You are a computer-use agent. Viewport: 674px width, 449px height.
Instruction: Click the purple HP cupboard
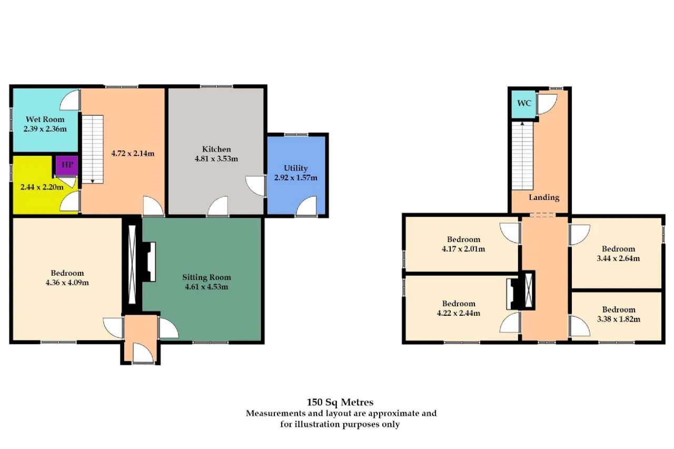point(67,165)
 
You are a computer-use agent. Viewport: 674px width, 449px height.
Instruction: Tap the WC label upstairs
point(524,103)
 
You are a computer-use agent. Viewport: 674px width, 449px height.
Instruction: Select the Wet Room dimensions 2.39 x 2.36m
point(45,129)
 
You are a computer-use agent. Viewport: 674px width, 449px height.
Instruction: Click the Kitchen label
point(216,149)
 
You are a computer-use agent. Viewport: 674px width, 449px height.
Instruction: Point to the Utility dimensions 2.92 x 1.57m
point(295,178)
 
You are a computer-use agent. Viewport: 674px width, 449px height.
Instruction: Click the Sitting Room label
point(206,277)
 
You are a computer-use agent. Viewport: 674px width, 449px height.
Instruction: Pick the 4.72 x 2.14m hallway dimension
point(133,153)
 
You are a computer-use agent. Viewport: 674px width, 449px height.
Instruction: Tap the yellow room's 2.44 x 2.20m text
point(42,187)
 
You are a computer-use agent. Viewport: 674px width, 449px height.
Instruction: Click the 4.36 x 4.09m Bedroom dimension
point(67,283)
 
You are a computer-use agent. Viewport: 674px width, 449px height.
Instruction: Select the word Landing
point(544,197)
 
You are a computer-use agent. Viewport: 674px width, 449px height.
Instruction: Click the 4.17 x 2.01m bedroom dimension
point(463,249)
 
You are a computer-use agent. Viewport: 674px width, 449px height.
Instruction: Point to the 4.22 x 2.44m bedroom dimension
point(459,313)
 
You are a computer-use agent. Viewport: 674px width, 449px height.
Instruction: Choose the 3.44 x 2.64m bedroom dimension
point(618,258)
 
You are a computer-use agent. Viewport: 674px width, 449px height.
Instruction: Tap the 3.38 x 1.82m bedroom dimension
point(619,319)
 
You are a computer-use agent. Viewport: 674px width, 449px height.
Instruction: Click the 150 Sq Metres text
point(340,402)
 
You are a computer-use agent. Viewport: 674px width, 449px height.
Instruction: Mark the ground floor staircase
point(93,149)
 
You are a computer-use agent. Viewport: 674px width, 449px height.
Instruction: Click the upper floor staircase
point(522,155)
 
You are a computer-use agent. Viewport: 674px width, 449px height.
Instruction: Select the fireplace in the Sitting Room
point(149,262)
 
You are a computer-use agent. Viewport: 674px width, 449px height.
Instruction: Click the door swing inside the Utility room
point(306,206)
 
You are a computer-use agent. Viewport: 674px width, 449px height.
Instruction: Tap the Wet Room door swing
point(70,100)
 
